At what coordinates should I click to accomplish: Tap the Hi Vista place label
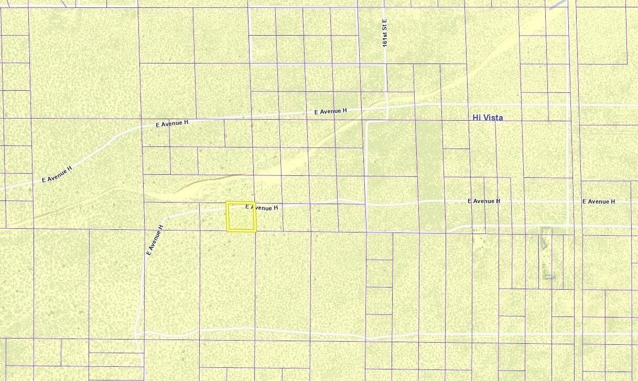(488, 118)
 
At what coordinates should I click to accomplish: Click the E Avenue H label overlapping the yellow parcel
(261, 208)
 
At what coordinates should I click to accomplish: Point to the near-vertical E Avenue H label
(155, 240)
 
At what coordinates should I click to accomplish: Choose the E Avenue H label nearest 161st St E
(330, 111)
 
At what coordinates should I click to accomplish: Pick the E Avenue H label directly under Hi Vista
(483, 201)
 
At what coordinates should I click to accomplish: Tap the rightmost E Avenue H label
(599, 202)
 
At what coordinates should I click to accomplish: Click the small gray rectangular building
(549, 277)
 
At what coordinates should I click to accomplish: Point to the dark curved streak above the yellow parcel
(210, 181)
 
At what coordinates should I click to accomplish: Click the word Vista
(493, 118)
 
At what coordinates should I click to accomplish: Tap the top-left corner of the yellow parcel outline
(226, 202)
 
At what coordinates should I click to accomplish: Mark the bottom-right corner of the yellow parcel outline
(255, 231)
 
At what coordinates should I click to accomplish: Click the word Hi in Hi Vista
(477, 118)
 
